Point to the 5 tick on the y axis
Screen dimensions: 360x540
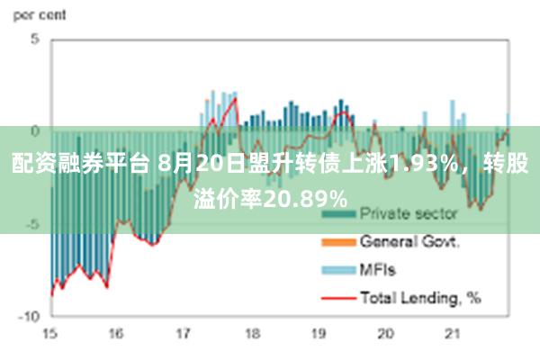[x=34, y=40]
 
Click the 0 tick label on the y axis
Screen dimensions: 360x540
[x=34, y=131]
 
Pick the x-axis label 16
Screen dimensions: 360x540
[x=116, y=333]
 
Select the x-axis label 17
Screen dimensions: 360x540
[x=184, y=333]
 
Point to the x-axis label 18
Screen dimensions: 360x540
[x=251, y=333]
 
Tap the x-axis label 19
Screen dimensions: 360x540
[x=318, y=333]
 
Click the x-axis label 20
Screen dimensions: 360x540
[x=385, y=333]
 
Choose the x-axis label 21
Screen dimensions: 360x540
[x=453, y=333]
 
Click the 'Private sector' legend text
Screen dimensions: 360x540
[x=409, y=215]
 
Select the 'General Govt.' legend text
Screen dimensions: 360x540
[x=410, y=242]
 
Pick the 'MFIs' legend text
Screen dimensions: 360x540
[x=378, y=269]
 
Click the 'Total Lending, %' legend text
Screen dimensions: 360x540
[x=420, y=296]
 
